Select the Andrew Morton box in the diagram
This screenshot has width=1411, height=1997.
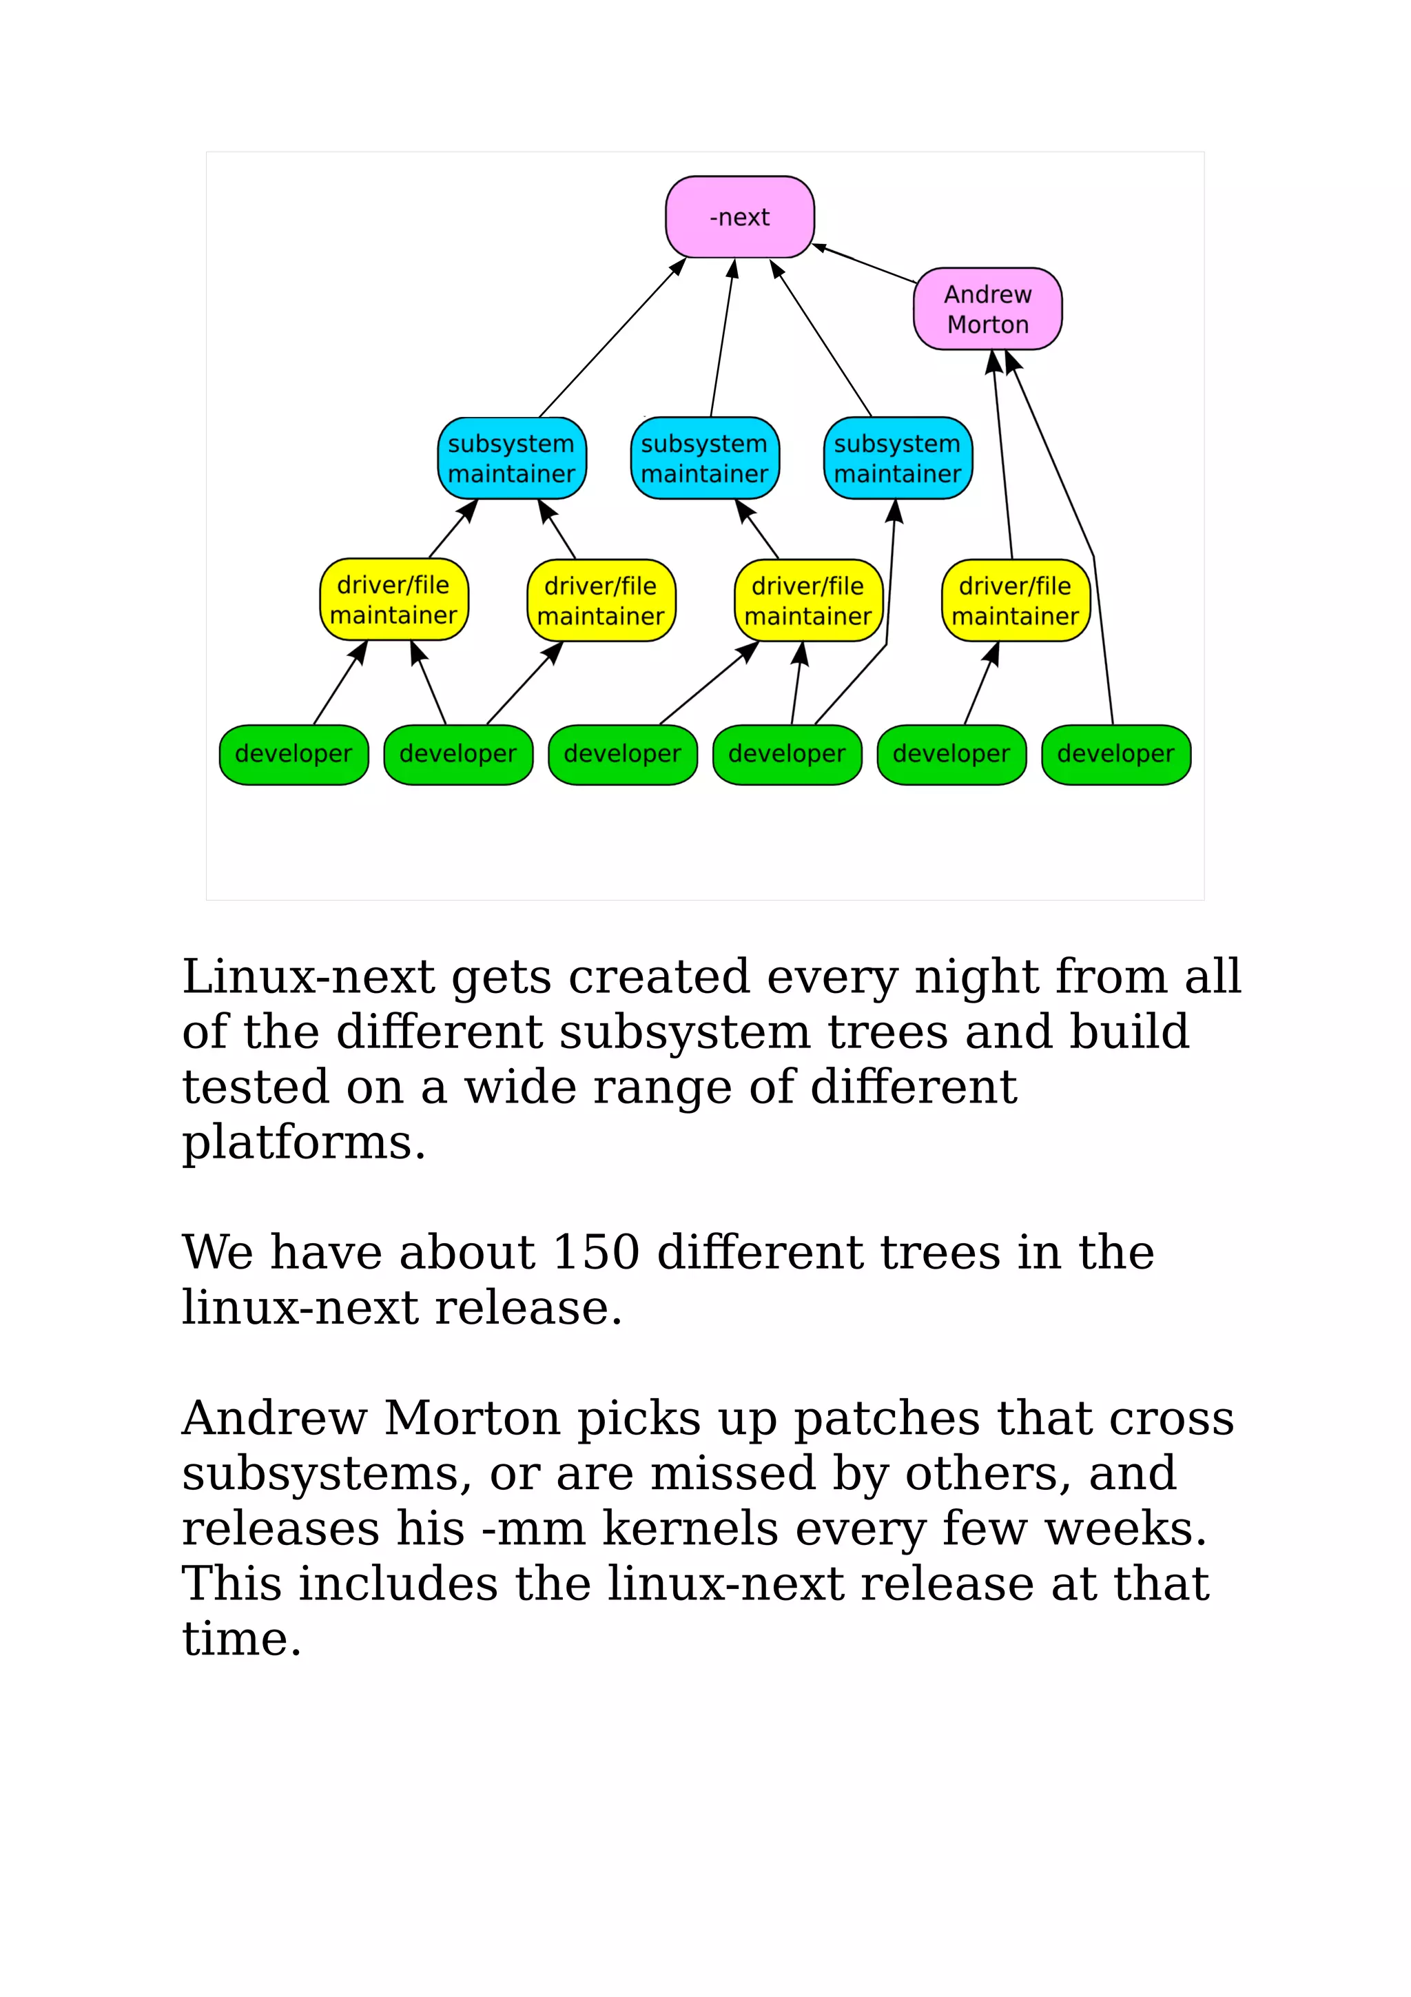tap(987, 309)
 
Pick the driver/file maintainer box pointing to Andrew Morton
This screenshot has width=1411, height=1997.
tap(1015, 600)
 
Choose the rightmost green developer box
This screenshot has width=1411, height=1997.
tap(1115, 754)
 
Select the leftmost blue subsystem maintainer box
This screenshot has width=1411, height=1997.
tap(511, 458)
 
